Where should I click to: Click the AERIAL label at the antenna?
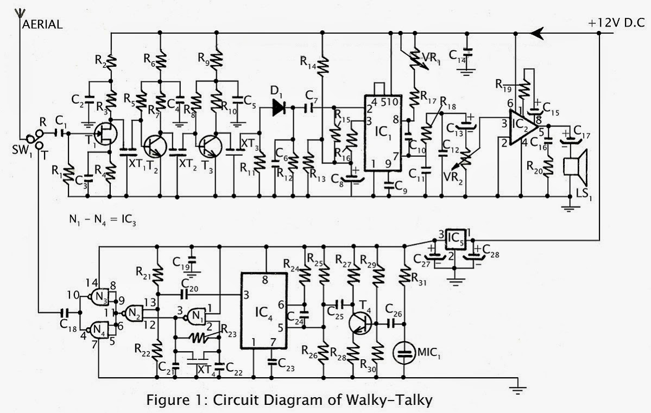click(43, 24)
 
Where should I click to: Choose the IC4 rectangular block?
click(263, 313)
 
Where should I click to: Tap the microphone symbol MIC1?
click(405, 353)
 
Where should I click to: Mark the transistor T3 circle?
click(210, 145)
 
